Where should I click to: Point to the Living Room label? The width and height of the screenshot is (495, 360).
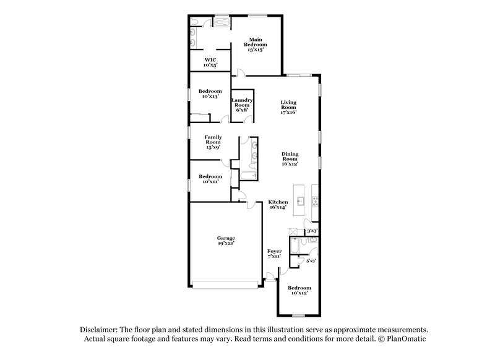(x=289, y=108)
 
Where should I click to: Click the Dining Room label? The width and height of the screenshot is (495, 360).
(x=290, y=159)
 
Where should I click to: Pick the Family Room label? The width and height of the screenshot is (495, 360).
(x=213, y=142)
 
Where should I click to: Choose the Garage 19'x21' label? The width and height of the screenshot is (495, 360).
(x=225, y=241)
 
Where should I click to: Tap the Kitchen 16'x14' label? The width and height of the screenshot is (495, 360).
(x=278, y=205)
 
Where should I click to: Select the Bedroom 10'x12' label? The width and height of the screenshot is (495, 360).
(x=299, y=291)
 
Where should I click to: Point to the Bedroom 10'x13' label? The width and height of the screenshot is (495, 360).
(x=210, y=93)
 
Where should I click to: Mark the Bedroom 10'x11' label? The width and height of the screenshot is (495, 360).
(x=210, y=179)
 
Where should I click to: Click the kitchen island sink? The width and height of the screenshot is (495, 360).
(x=300, y=200)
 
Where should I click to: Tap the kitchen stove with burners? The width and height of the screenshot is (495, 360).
(x=315, y=201)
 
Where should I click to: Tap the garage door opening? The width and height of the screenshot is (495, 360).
(x=225, y=285)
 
